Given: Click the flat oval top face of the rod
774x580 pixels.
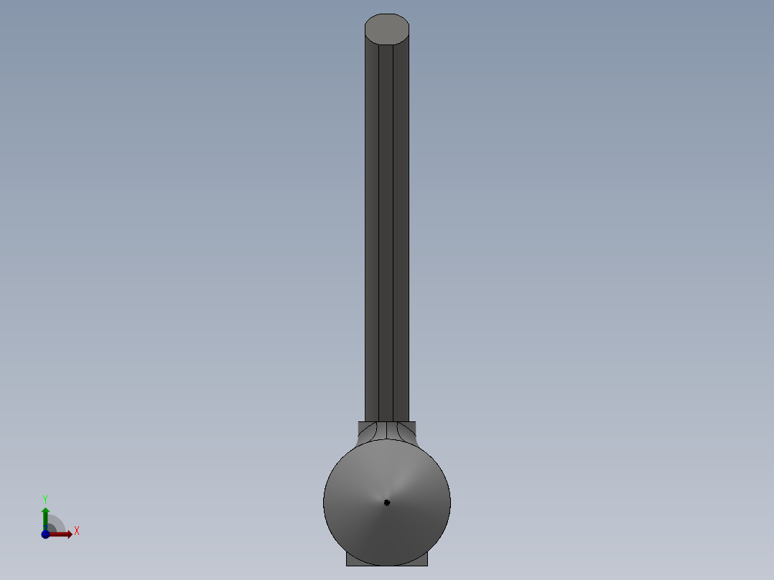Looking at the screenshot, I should point(387,29).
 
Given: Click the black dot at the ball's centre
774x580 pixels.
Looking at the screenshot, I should point(387,502).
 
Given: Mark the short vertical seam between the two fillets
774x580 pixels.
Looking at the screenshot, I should point(387,430).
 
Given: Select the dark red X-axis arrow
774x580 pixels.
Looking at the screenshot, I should point(62,534).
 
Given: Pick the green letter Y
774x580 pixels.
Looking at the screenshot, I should point(45,499).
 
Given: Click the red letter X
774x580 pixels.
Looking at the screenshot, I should point(77,531).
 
